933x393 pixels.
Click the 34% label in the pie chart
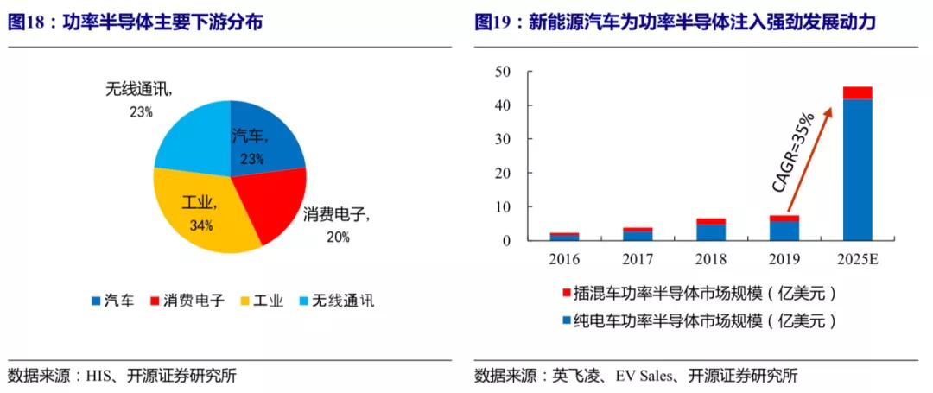point(200,225)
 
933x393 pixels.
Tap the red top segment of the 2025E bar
point(857,92)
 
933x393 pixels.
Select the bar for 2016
point(564,237)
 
